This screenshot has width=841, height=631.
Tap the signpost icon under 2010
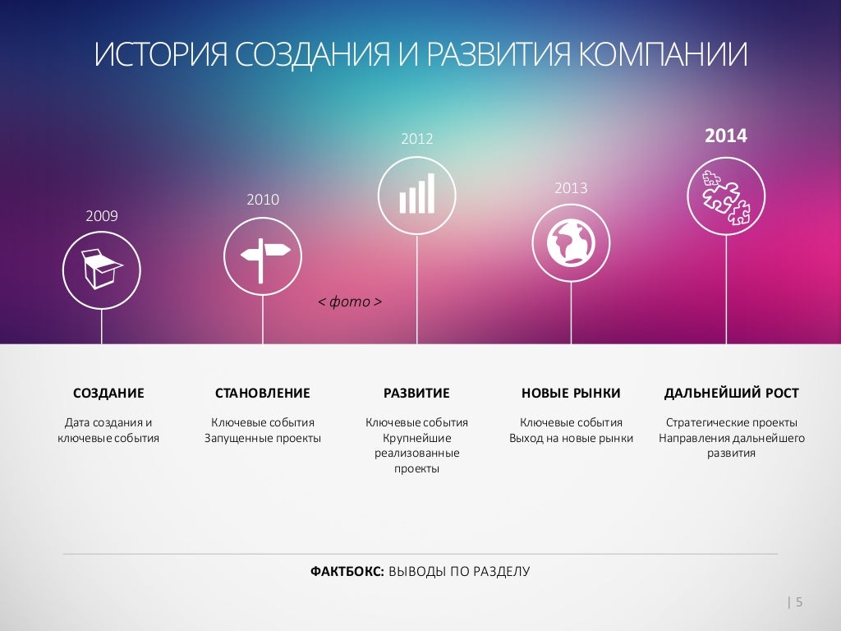263,256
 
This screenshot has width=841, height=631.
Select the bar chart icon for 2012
416,196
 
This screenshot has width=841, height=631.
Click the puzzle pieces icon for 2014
725,196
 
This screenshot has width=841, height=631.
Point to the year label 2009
102,216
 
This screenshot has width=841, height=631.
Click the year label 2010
263,199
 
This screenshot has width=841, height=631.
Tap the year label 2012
416,139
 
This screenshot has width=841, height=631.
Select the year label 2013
571,188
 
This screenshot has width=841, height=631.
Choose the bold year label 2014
726,136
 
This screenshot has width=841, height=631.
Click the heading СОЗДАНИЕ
108,393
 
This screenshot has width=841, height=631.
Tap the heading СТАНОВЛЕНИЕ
263,393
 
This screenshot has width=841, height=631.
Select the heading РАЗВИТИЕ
416,393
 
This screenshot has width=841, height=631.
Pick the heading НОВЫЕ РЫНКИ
571,393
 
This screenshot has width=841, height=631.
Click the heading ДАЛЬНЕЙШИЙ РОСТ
731,393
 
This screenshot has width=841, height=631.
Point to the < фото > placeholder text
350,302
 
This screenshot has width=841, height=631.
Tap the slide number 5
799,602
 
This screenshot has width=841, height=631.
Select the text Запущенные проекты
263,438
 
